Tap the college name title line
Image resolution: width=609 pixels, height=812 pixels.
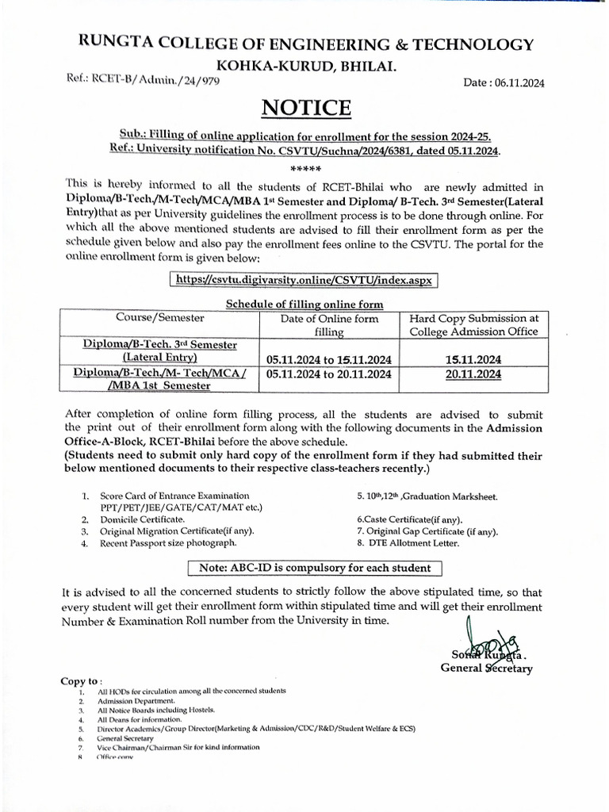click(304, 44)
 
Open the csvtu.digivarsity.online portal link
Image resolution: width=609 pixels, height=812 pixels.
click(305, 281)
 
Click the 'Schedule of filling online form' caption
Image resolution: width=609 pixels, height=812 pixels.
click(305, 304)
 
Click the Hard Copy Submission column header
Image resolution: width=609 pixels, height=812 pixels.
click(473, 324)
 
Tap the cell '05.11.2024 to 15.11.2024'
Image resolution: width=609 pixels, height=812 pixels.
click(328, 358)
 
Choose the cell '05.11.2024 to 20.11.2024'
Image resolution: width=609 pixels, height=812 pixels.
click(328, 373)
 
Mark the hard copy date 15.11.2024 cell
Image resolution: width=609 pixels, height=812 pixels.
click(473, 358)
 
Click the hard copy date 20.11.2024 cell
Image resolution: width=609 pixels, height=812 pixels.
click(473, 373)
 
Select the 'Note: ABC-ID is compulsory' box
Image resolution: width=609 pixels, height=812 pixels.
click(315, 568)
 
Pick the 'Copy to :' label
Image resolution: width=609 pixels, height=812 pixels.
click(81, 680)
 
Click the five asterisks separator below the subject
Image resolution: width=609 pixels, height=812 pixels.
click(305, 168)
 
